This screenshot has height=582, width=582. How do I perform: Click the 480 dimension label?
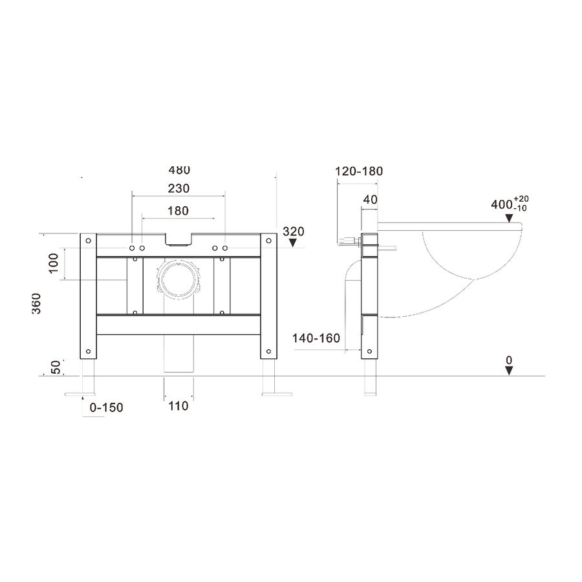click(x=179, y=170)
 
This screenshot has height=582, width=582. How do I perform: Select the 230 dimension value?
click(x=178, y=189)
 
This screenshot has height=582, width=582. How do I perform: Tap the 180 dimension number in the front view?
click(x=178, y=211)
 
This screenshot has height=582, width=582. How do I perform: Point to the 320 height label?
click(x=293, y=232)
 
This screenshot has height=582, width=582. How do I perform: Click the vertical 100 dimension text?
click(x=54, y=263)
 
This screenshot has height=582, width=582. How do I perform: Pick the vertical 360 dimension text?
click(x=36, y=303)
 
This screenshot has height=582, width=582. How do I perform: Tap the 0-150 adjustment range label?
click(x=106, y=407)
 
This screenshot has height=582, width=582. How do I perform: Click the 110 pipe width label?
click(x=178, y=406)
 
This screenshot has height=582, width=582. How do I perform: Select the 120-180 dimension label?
click(x=359, y=171)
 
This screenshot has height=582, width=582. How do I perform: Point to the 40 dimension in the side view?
click(x=370, y=200)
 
